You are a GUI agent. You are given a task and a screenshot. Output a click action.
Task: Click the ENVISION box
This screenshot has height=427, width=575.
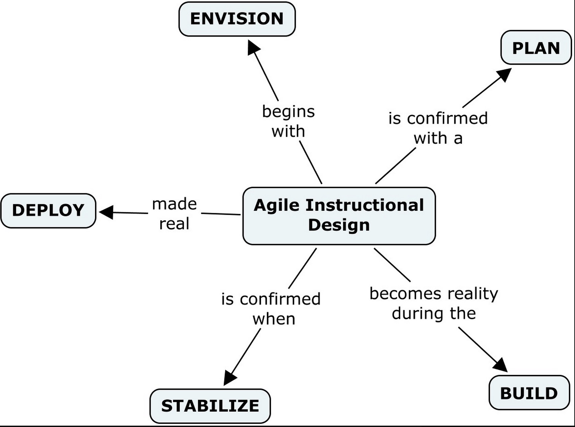tap(237, 19)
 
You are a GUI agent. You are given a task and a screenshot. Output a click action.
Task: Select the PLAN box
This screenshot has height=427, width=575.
tap(536, 47)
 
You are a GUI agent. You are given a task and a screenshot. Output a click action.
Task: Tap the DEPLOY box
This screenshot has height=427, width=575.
tap(48, 211)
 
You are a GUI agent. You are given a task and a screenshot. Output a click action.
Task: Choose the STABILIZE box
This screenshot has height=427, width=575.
tap(210, 406)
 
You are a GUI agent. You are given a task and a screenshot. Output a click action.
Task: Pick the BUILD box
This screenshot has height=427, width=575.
tap(529, 393)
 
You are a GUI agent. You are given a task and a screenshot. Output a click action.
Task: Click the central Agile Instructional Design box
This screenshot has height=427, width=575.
tap(339, 216)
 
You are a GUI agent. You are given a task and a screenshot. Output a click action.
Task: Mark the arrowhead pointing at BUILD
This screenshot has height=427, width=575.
tap(501, 366)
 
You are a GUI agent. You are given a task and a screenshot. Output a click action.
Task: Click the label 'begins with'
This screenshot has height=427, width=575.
tap(288, 121)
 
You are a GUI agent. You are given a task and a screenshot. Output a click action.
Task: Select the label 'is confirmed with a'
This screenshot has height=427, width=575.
tap(438, 128)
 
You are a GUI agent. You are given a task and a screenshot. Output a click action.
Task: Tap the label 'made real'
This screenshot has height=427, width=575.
tap(174, 213)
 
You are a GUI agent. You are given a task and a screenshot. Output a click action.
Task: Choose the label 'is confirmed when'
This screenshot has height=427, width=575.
tap(271, 309)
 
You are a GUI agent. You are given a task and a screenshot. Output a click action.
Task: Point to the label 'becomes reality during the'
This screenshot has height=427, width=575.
tap(434, 303)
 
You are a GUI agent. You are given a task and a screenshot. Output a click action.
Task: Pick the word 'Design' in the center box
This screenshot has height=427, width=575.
tap(339, 225)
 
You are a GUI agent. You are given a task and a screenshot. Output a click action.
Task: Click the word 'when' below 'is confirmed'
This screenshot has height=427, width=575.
tap(274, 319)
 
